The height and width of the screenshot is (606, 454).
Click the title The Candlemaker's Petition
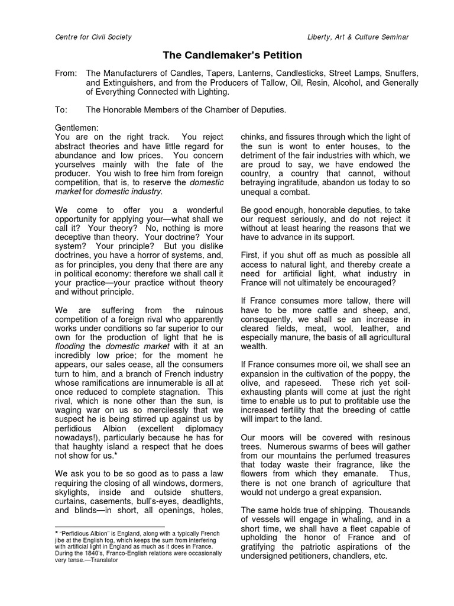tap(232, 56)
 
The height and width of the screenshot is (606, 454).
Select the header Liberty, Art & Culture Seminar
tap(358, 37)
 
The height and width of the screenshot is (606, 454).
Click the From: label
tap(66, 73)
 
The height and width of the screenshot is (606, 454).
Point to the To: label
tap(61, 109)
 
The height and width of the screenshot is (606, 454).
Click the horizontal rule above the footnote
tap(109, 526)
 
